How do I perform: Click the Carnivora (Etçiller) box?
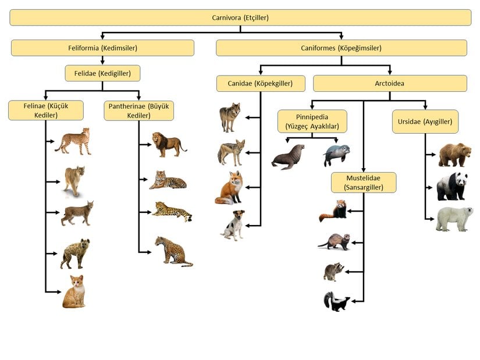[x=240, y=17]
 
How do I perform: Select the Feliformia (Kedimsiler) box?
[x=102, y=48]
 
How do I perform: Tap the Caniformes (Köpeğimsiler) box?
[x=341, y=48]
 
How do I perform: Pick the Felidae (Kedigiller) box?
[x=102, y=73]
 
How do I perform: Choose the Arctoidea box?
[x=390, y=83]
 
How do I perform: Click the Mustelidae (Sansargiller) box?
[x=364, y=182]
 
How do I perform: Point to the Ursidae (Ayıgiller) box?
[x=425, y=122]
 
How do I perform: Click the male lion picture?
[x=168, y=144]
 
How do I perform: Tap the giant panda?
[x=453, y=186]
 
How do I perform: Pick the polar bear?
[x=454, y=219]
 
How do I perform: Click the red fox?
[x=229, y=187]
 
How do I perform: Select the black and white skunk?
[x=336, y=302]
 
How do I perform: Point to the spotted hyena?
[x=75, y=253]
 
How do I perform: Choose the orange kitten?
[x=74, y=292]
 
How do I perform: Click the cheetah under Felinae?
[x=73, y=141]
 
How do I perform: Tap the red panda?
[x=333, y=211]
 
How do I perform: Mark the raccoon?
[x=334, y=272]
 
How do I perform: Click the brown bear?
[x=454, y=155]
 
